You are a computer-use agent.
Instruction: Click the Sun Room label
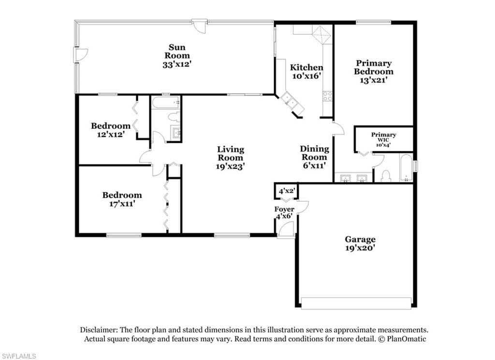pos(177,51)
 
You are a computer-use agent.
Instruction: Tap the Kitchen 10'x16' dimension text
pos(306,76)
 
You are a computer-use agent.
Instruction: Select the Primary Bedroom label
pos(374,67)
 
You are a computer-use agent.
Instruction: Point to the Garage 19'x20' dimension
pos(360,248)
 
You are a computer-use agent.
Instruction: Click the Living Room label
pos(231,153)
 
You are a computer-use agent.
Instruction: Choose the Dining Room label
pos(314,152)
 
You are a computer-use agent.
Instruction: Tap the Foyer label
pos(284,209)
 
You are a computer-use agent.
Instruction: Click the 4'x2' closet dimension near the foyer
pos(287,191)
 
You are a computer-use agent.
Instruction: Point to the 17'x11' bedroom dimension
pos(122,204)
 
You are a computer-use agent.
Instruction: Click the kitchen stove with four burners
pos(327,96)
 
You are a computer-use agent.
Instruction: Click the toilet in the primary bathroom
pos(386,176)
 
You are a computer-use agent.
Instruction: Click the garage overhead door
pos(356,303)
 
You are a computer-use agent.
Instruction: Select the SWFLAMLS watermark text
pos(18,356)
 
